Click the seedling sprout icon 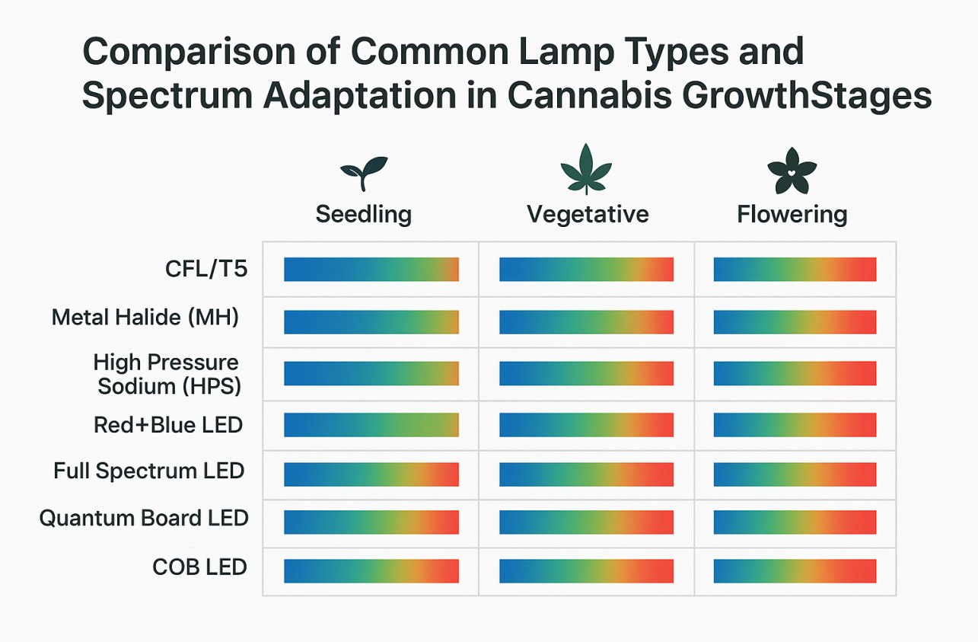click(364, 174)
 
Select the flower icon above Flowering click(792, 174)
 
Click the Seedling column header click(364, 214)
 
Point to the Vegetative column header click(588, 214)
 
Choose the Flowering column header click(792, 214)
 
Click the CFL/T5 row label click(207, 269)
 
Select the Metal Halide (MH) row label click(145, 317)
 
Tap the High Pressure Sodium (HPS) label click(167, 374)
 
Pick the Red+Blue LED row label click(167, 424)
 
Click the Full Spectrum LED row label click(148, 471)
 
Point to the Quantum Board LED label click(144, 519)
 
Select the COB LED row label click(199, 567)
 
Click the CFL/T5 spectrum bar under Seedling click(371, 270)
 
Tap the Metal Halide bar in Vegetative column click(586, 322)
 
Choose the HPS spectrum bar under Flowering click(795, 373)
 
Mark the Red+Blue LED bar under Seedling click(371, 425)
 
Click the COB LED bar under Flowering click(795, 571)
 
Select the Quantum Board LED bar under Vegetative click(586, 522)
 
